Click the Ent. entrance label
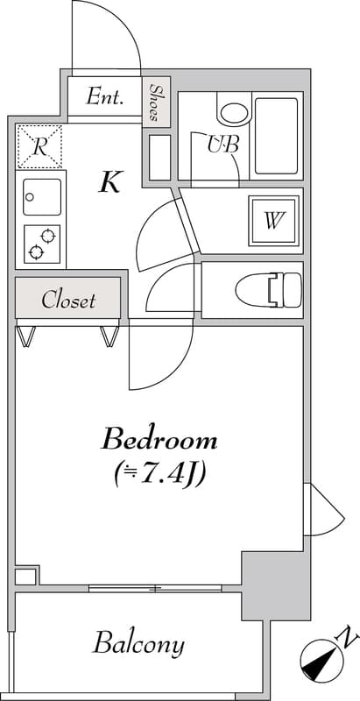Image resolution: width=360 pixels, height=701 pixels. (x=104, y=96)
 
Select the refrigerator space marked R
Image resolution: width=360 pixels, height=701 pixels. (x=39, y=146)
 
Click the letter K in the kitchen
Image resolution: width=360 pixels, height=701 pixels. (x=109, y=182)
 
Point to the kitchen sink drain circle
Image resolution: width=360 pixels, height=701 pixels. (x=30, y=196)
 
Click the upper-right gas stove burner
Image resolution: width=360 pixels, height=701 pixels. (x=48, y=235)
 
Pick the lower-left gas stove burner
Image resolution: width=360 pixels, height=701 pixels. (x=36, y=253)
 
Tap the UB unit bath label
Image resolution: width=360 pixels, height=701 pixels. (x=222, y=144)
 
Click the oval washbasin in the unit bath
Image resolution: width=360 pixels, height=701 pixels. (x=234, y=111)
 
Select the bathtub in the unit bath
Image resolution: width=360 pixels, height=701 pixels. (x=277, y=136)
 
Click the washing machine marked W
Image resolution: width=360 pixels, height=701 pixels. (x=274, y=221)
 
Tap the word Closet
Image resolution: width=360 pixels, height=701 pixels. (x=68, y=300)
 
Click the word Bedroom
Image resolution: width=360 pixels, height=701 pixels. (x=159, y=440)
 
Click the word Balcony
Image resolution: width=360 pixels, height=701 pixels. (x=138, y=644)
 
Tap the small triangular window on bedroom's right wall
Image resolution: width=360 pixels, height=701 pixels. (x=324, y=509)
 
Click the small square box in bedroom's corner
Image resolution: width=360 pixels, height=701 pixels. (x=25, y=577)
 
